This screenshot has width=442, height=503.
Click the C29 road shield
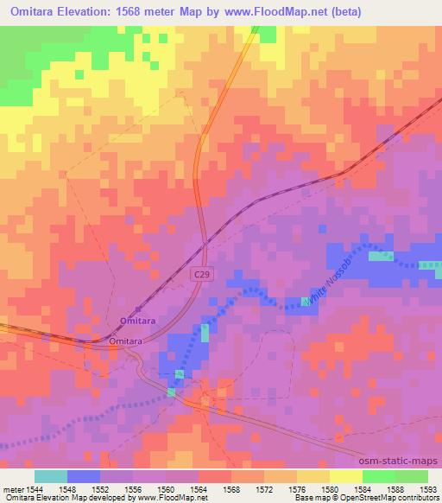201,273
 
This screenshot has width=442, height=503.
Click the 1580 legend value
329,488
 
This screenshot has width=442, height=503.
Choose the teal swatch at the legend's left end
51,476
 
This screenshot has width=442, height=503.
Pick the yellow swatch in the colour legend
345,476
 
